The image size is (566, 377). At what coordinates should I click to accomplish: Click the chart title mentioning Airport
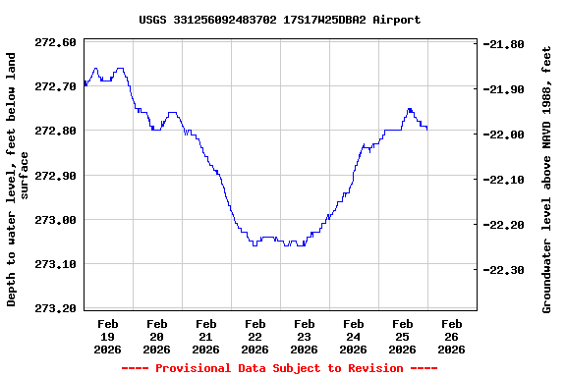click(x=280, y=20)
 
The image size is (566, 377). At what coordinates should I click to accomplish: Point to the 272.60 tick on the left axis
click(x=55, y=42)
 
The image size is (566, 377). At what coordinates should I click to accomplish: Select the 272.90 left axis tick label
click(x=55, y=176)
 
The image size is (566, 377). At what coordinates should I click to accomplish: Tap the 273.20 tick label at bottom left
click(x=55, y=308)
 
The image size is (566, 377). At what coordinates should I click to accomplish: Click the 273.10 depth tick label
click(x=55, y=264)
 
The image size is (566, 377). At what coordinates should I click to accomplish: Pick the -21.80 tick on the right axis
click(x=505, y=44)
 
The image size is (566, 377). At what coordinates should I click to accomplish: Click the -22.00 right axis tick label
click(x=505, y=135)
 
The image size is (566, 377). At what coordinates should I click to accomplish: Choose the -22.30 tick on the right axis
click(x=505, y=270)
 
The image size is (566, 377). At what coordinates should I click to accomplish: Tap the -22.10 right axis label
click(x=505, y=180)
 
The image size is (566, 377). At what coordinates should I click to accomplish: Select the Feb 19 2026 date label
click(x=108, y=336)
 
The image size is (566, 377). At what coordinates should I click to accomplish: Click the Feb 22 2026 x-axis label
click(x=255, y=336)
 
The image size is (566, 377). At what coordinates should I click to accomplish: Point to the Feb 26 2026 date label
click(x=452, y=336)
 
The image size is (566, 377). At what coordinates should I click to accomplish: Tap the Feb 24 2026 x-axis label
click(x=354, y=336)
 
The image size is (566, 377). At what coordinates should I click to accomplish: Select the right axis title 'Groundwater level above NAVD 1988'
click(x=546, y=184)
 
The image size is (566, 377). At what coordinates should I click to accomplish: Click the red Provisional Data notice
click(x=279, y=368)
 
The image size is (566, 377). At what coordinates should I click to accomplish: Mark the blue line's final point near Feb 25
click(x=426, y=129)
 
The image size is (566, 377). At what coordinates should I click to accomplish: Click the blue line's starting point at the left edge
click(x=85, y=83)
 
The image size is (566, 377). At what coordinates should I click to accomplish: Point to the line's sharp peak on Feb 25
click(x=410, y=109)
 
